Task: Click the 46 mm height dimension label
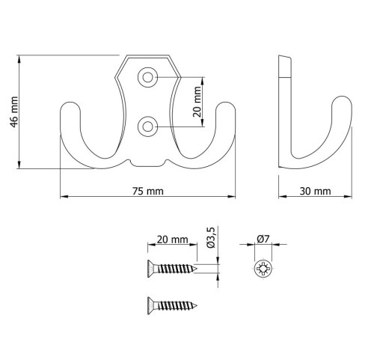14,112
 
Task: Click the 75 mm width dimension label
148,192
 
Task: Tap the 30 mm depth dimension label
315,192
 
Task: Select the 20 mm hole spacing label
197,102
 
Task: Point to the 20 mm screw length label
172,240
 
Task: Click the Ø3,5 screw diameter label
211,237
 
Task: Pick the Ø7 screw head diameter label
263,239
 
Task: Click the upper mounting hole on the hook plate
147,77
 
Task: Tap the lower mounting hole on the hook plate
147,126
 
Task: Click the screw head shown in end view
263,269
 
